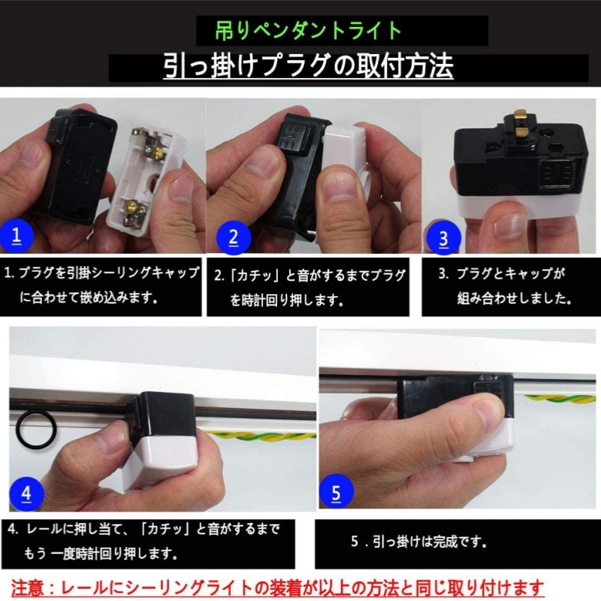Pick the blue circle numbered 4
click(x=26, y=493)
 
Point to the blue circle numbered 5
click(x=336, y=493)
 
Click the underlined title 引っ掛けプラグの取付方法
click(x=308, y=67)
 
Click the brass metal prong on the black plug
click(x=521, y=119)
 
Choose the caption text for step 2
click(x=310, y=286)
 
